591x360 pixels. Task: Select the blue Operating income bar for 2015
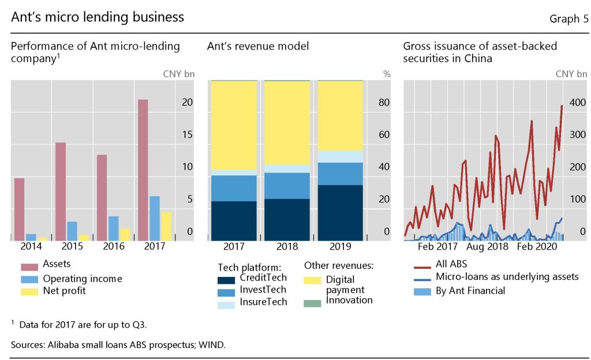coord(72,231)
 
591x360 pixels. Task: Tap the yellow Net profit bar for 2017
coord(166,226)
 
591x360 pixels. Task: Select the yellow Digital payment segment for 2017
coord(233,125)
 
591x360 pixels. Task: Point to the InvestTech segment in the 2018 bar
coord(287,185)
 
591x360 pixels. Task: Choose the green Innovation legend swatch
coord(312,302)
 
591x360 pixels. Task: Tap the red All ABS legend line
coord(423,267)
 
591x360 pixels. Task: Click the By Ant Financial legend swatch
coord(423,291)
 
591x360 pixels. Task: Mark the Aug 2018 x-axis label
coord(487,246)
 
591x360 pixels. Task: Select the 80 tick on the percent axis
coord(384,103)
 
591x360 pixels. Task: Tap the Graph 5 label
coord(569,19)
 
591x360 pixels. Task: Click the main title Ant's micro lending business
coord(98,17)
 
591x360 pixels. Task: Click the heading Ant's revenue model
coord(258,46)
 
